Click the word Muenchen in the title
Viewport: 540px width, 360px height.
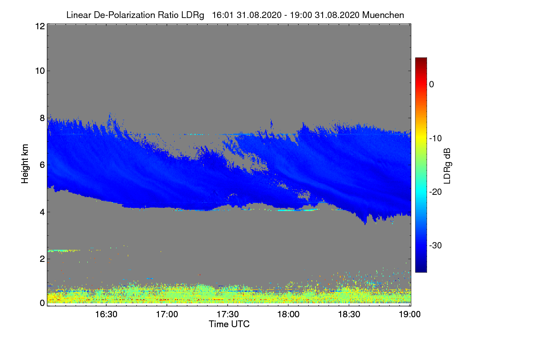pos(384,15)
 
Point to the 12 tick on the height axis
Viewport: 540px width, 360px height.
pos(39,26)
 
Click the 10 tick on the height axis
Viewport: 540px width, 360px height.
pos(39,71)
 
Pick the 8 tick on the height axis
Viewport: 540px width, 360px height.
pos(41,118)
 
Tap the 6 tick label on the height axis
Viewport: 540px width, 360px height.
pos(41,165)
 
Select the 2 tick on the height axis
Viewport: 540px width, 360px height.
pos(41,259)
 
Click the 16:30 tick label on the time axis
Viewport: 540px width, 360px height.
pos(106,315)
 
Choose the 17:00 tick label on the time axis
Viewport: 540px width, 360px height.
pos(167,315)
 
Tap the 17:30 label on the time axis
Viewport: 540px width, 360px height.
pos(228,315)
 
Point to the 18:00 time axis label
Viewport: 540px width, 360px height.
pos(288,315)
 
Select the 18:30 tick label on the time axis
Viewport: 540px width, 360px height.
pos(349,315)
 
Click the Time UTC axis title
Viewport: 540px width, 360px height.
pos(229,324)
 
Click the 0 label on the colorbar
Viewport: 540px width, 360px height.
pos(432,85)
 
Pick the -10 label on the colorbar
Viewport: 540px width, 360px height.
pos(435,138)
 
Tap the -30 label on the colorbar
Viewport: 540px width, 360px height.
pos(435,246)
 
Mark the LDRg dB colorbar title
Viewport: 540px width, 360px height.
pos(447,165)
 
